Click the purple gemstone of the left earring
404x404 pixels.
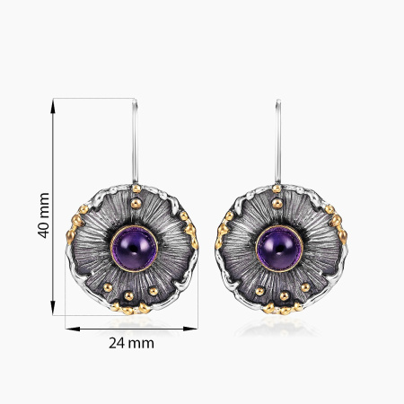pos(134,249)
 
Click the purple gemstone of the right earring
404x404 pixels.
pos(279,249)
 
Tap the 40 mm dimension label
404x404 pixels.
pos(44,215)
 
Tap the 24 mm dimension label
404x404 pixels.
pos(131,343)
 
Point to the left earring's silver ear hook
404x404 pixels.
pos(135,141)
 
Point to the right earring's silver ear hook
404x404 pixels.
pos(278,141)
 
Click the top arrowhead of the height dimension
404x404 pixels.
pos(53,106)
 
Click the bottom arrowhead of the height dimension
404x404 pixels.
pos(53,308)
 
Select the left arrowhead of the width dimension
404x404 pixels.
pos(73,329)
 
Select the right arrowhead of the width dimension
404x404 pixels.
pos(189,329)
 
